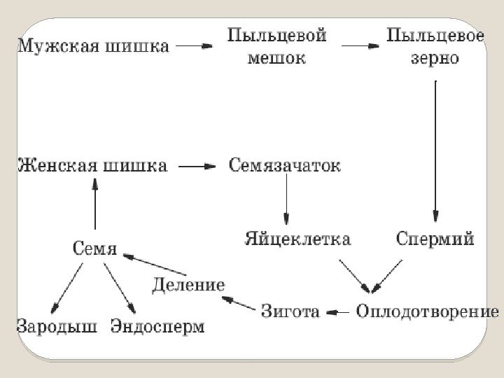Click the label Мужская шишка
coord(92,47)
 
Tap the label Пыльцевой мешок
coord(277,46)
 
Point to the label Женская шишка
coord(92,167)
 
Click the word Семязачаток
coord(285,167)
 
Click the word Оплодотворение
coord(427,309)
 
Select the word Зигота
coord(290,309)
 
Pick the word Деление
coord(189,284)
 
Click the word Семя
coord(94,248)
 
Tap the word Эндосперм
coord(157,326)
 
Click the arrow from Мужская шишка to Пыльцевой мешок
coord(194,46)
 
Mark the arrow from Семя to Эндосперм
coord(120,287)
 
